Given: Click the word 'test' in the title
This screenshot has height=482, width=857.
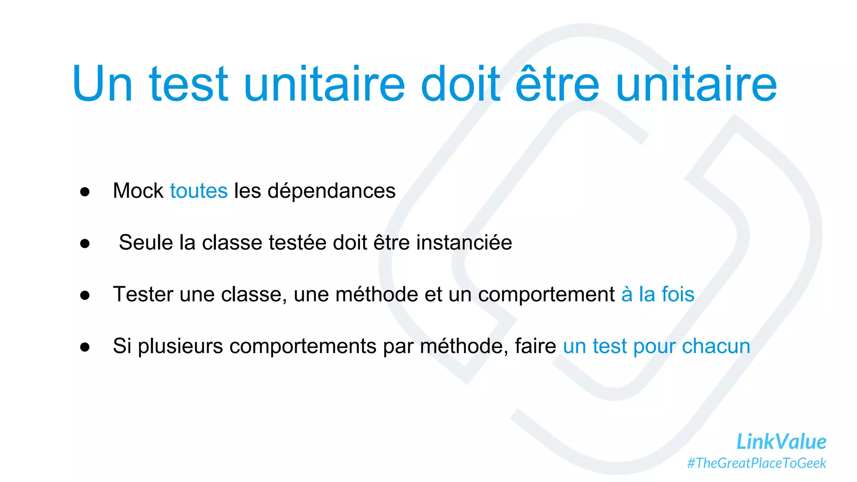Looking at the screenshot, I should click(x=188, y=84).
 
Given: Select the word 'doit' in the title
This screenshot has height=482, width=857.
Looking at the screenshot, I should click(x=460, y=84).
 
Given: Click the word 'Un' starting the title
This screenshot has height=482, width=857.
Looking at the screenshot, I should click(x=103, y=84).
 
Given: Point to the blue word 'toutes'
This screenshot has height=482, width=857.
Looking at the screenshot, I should click(x=199, y=191).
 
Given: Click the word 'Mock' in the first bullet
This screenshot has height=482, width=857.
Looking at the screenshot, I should click(x=138, y=191).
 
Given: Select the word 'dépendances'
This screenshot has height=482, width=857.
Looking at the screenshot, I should click(x=331, y=192).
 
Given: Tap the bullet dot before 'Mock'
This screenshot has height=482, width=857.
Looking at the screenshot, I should click(x=85, y=192).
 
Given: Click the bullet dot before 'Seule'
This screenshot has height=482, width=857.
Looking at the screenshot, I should click(x=85, y=244).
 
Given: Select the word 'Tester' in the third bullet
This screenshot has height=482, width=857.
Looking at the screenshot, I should click(x=143, y=294).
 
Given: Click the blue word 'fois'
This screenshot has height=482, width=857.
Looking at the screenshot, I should click(x=677, y=294).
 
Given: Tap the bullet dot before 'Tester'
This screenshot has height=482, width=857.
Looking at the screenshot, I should click(x=85, y=295).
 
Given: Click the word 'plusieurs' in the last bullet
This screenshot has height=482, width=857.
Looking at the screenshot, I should click(x=180, y=346).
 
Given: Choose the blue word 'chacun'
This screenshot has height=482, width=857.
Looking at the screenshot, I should click(x=716, y=346).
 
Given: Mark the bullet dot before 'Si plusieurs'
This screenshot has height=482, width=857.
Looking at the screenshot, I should click(x=85, y=347).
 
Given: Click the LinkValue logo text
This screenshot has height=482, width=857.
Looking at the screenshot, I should click(x=781, y=442).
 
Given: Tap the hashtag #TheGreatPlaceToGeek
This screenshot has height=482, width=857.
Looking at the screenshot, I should click(x=757, y=463).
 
